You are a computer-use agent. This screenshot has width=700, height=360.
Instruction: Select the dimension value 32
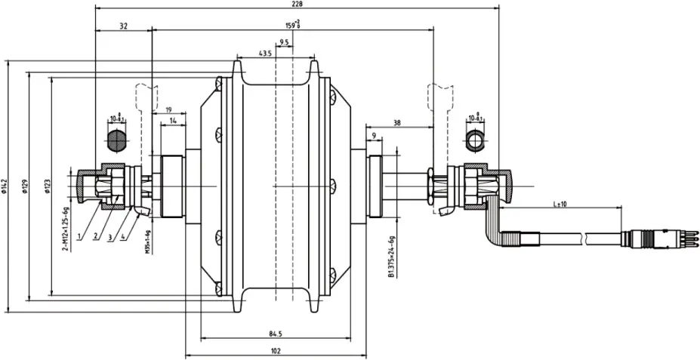click(123, 25)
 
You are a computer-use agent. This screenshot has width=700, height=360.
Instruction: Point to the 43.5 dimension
click(265, 54)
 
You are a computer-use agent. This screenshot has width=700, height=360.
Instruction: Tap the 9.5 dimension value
click(285, 42)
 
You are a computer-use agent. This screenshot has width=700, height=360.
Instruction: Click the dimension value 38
click(396, 122)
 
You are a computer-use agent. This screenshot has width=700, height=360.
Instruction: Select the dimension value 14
click(173, 121)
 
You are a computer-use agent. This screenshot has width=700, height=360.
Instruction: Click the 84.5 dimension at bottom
click(276, 334)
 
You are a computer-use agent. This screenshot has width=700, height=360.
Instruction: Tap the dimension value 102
click(276, 350)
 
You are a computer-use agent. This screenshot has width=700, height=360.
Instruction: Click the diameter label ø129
click(26, 186)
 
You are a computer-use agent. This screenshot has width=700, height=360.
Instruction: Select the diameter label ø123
click(47, 186)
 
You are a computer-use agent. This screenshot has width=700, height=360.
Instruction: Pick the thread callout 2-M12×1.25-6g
click(66, 227)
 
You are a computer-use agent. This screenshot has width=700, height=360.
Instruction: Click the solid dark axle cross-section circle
click(116, 140)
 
